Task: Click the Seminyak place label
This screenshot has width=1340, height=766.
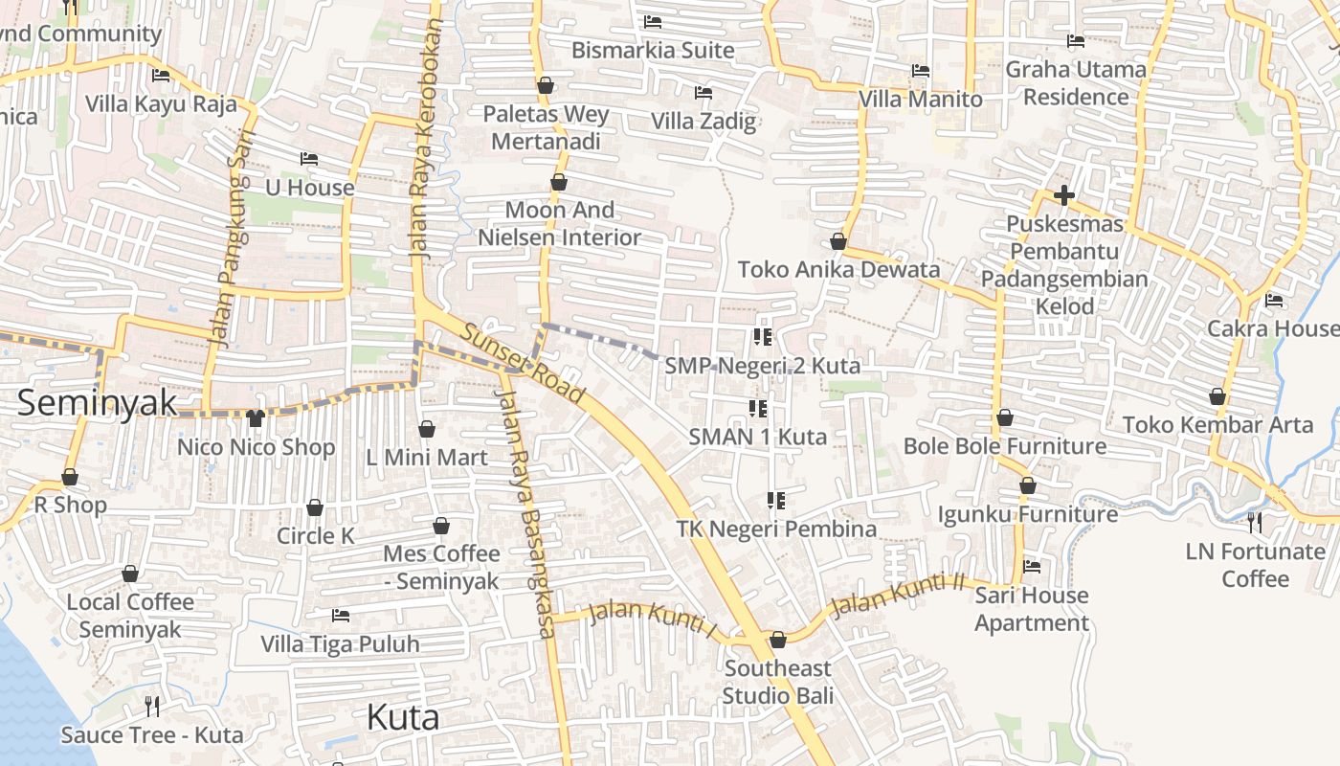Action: (98, 402)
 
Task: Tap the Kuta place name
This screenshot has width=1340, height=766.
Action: (403, 717)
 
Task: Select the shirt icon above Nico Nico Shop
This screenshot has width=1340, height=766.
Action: (255, 417)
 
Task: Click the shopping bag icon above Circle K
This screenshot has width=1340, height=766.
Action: (315, 507)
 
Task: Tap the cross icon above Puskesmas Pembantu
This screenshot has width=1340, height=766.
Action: (1063, 196)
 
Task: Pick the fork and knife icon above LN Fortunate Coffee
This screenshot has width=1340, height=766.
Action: (1254, 523)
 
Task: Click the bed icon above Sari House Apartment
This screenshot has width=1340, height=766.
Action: (1031, 567)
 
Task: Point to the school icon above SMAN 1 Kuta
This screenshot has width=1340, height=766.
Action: (758, 409)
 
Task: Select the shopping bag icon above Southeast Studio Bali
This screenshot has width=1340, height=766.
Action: (777, 639)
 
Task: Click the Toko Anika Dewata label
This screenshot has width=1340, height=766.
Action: (838, 270)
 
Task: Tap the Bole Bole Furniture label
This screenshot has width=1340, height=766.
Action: (1005, 446)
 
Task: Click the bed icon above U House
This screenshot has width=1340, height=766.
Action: (308, 159)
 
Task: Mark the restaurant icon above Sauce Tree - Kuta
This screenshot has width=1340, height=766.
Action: (151, 707)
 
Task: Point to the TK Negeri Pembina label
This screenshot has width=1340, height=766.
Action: (776, 529)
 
